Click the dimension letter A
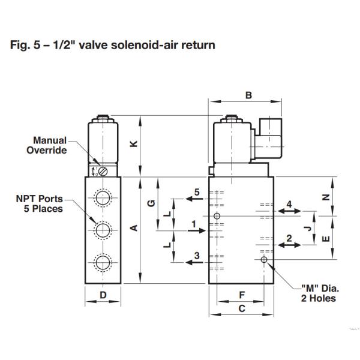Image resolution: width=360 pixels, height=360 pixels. pos(134,227)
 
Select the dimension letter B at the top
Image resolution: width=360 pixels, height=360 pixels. pos(248,94)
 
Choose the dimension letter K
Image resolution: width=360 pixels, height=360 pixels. pos(134,144)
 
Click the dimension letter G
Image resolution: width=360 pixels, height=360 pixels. pos(152,203)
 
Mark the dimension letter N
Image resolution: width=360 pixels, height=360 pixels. pos(326,197)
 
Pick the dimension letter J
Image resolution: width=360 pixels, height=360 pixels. pos(307,228)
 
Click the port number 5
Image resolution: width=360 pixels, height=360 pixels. pos(196,192)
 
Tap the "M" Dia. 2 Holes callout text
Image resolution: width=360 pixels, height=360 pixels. pos(315,293)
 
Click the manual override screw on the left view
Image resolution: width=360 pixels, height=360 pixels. pos(103,172)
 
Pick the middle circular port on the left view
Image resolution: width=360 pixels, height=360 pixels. pos(103,228)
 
